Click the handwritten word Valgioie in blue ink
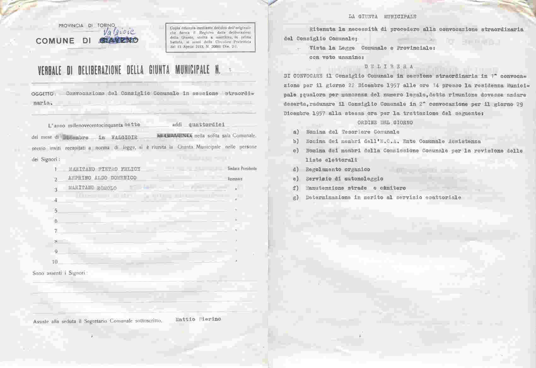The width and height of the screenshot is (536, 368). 119,32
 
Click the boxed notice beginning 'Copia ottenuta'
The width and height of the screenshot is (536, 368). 210,37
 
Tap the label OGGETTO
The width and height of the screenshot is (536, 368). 43,94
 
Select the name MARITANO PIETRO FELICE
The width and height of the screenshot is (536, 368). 104,169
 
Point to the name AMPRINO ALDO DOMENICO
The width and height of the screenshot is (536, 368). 102,178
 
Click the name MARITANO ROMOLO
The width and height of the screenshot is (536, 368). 92,188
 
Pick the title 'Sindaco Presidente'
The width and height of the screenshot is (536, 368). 242,169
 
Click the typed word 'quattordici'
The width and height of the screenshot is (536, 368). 207,125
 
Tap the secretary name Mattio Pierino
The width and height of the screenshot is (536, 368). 198,319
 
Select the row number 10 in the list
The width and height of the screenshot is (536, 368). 55,262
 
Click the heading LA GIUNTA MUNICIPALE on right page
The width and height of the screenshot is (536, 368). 382,16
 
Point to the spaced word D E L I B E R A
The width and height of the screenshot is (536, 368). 388,67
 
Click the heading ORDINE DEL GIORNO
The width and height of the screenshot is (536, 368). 385,122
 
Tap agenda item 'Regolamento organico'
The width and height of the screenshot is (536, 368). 338,169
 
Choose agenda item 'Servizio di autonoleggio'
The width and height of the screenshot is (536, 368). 344,179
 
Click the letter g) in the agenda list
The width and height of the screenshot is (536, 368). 296,198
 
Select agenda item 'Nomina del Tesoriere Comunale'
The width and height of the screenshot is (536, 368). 352,132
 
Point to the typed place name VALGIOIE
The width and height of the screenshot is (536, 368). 124,138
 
